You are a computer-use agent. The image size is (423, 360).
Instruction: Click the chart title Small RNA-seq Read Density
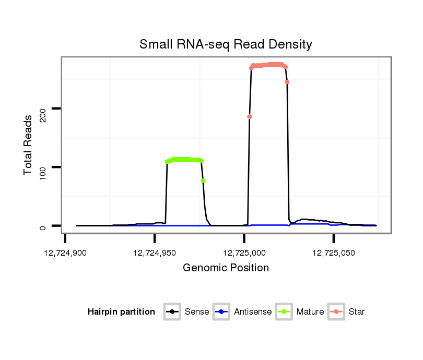226,44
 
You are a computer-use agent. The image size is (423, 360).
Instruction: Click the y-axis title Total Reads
29,145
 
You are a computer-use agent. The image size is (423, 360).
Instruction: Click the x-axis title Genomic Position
226,268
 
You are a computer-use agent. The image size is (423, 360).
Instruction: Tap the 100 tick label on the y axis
44,170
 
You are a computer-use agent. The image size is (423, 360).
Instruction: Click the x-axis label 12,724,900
65,253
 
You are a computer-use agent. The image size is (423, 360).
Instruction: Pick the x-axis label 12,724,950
155,253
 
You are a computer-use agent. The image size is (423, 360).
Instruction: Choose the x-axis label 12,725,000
244,253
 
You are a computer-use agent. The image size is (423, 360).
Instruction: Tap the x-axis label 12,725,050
334,253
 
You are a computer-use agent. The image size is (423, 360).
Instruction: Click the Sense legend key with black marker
171,312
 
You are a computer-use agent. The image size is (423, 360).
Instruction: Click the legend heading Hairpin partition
121,312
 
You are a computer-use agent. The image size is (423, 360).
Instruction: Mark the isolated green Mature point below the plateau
203,181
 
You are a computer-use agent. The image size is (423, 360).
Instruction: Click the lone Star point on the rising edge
250,116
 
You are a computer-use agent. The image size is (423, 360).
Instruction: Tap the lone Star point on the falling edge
287,82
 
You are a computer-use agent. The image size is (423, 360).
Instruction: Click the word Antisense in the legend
253,312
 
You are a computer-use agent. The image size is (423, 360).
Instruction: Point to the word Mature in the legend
310,312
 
